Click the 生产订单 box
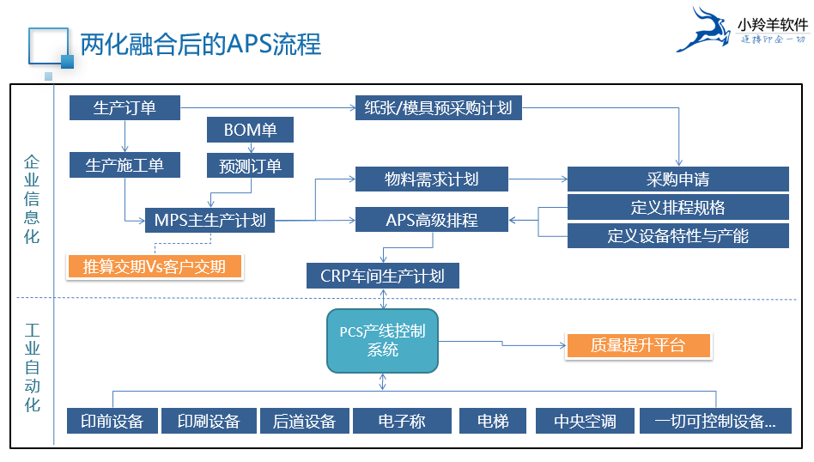click(x=125, y=107)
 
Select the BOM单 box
click(x=250, y=131)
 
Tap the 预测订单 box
click(x=250, y=166)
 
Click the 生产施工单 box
click(x=125, y=165)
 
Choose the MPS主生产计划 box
click(x=210, y=220)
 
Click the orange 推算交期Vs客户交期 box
click(x=155, y=266)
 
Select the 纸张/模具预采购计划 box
click(x=438, y=107)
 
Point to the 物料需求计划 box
click(x=431, y=179)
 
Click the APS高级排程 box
click(x=431, y=220)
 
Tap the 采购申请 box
click(x=677, y=179)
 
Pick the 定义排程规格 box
click(x=677, y=207)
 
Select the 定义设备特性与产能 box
click(x=677, y=235)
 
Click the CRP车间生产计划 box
click(x=383, y=276)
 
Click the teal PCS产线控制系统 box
click(x=382, y=341)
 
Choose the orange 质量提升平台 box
click(x=638, y=345)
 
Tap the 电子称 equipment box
click(x=401, y=421)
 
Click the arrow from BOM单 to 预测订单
click(x=250, y=148)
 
